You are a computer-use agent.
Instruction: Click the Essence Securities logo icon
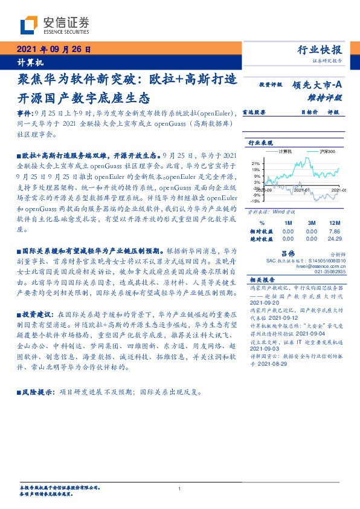point(29,25)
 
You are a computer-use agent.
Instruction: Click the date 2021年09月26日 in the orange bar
point(53,51)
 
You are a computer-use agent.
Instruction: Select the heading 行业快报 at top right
point(320,51)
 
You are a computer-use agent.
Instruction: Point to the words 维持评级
point(329,97)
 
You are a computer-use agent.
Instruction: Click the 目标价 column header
point(309,112)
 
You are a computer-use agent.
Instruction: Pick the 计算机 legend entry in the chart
point(283,151)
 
